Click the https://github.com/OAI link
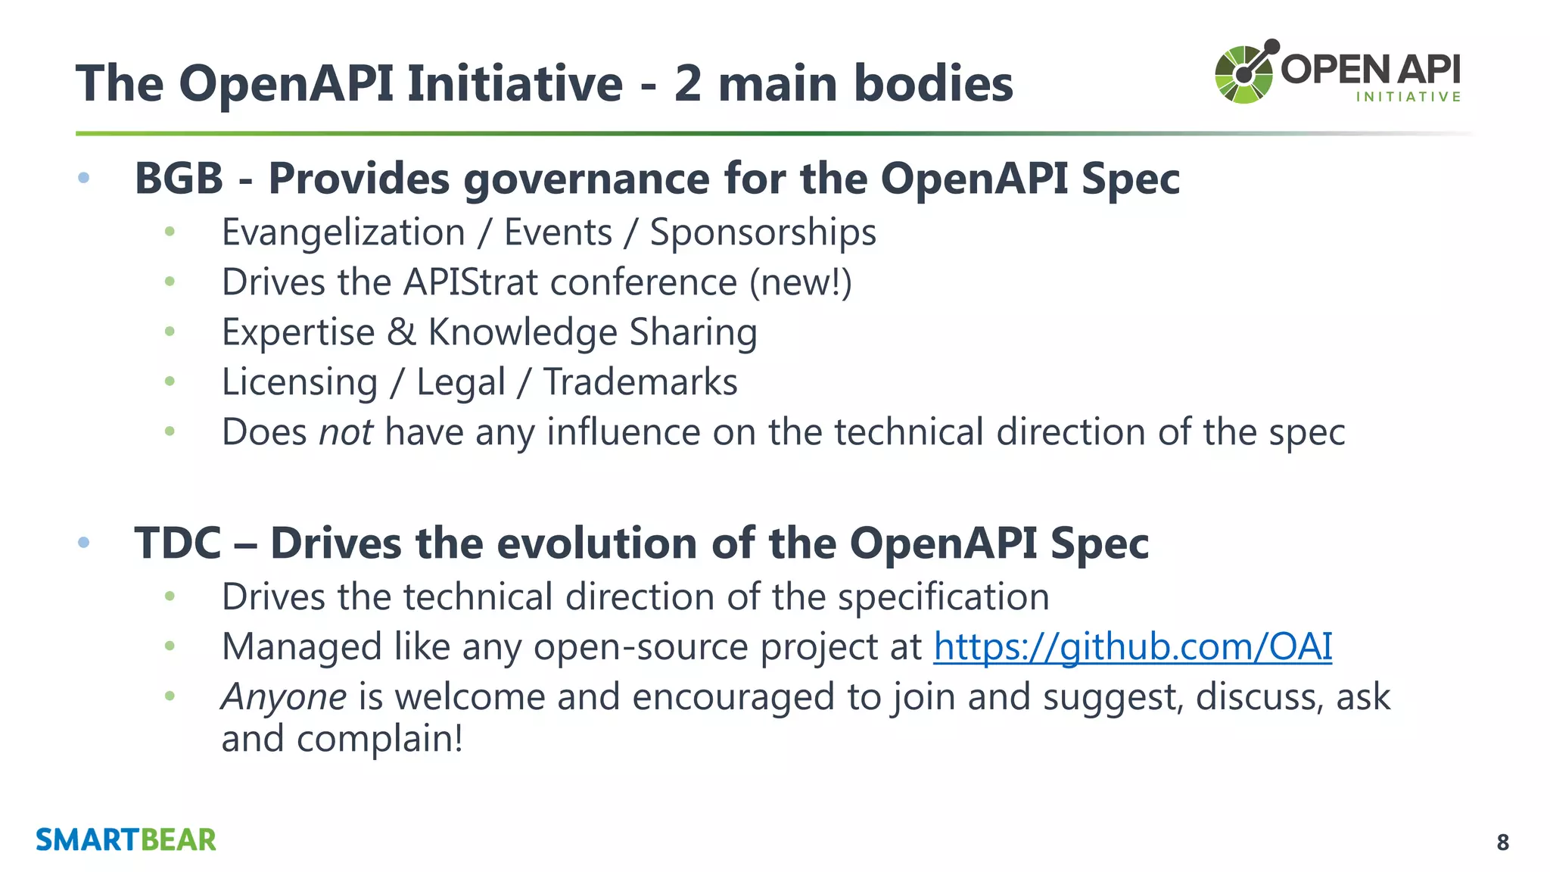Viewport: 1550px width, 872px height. (x=1132, y=647)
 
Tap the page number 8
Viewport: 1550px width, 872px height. (x=1502, y=842)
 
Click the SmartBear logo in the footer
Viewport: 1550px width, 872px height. (x=126, y=840)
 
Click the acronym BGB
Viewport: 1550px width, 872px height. (x=179, y=179)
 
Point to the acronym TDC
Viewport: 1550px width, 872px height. (x=177, y=543)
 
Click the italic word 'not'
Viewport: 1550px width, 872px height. (x=346, y=432)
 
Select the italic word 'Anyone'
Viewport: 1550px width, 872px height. (x=284, y=696)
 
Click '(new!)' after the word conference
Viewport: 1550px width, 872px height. (x=801, y=282)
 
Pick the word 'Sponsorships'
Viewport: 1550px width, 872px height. (x=763, y=232)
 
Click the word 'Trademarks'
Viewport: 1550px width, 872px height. (x=640, y=382)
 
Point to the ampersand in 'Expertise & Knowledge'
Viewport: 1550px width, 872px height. (x=401, y=332)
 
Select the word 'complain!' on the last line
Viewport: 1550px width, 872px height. (x=379, y=739)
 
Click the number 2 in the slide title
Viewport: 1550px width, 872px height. (x=687, y=83)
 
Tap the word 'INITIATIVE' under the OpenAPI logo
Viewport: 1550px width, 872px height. (x=1408, y=97)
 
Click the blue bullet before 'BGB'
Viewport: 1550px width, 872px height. (x=84, y=178)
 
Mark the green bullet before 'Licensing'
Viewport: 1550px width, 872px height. (x=170, y=381)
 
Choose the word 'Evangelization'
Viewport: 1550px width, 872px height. (x=343, y=232)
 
